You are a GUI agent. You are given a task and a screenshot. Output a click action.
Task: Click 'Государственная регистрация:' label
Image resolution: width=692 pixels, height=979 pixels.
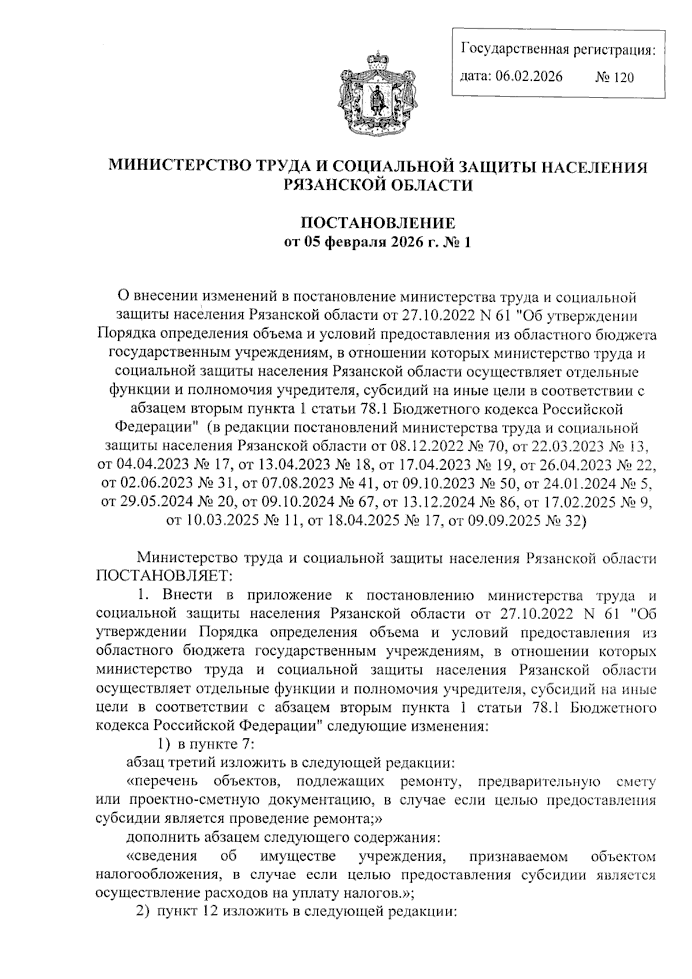(x=558, y=50)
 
